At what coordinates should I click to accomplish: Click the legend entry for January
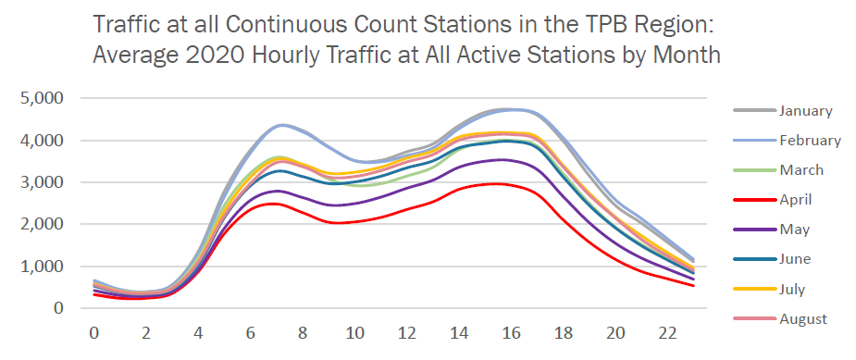tap(805, 111)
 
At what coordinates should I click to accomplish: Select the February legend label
tap(810, 141)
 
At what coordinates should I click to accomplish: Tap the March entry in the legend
tap(801, 170)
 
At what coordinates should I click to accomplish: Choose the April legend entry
tap(797, 200)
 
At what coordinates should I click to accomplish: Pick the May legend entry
tap(795, 230)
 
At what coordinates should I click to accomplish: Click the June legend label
tap(797, 260)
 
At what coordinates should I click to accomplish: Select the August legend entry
tap(802, 319)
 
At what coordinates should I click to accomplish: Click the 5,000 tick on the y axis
tap(43, 98)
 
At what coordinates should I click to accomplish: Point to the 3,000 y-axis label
tap(43, 182)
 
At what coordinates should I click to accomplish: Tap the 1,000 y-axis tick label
tap(43, 267)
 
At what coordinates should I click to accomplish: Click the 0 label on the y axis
tap(58, 308)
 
